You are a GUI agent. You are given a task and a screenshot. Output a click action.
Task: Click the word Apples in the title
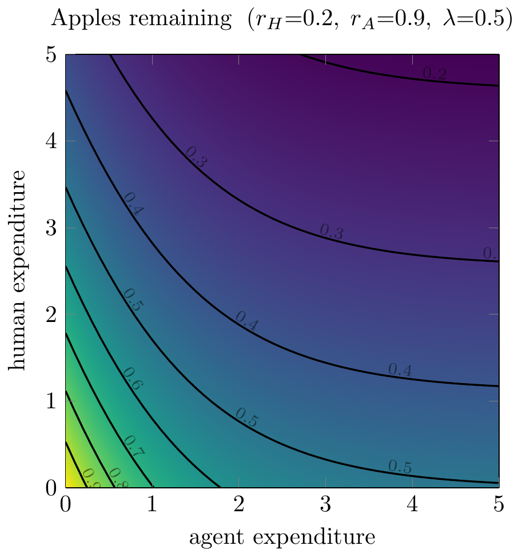pyautogui.click(x=82, y=20)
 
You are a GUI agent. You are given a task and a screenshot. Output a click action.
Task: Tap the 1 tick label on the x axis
pyautogui.click(x=152, y=507)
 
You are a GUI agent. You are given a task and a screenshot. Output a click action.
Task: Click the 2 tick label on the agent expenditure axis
pyautogui.click(x=239, y=507)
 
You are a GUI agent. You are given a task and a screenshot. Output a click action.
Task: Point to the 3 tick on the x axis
pyautogui.click(x=325, y=507)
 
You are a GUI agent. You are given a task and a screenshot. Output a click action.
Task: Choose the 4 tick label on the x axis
pyautogui.click(x=412, y=507)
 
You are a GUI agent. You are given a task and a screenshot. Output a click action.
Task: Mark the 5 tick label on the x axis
pyautogui.click(x=499, y=507)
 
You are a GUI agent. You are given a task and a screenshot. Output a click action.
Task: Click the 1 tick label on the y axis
pyautogui.click(x=52, y=401)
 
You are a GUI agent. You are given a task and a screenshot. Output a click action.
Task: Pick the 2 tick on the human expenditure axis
pyautogui.click(x=52, y=315)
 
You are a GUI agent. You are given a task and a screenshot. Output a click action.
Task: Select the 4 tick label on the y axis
pyautogui.click(x=52, y=141)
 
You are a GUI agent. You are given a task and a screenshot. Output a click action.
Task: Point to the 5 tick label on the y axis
pyautogui.click(x=52, y=55)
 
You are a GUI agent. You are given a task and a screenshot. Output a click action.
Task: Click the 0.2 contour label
pyautogui.click(x=434, y=74)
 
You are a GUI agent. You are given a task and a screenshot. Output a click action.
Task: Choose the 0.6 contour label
pyautogui.click(x=133, y=379)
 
